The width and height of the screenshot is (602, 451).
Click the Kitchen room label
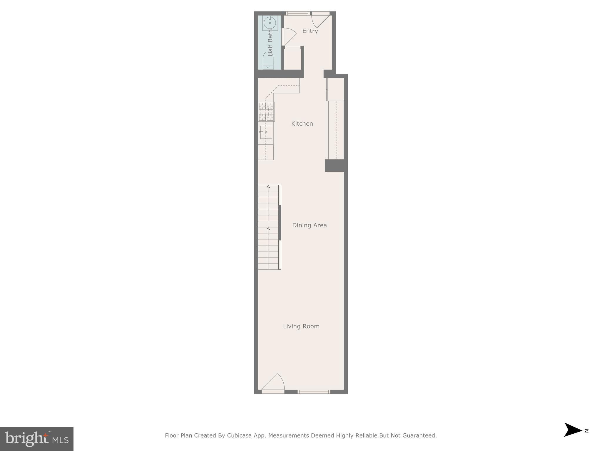point(302,124)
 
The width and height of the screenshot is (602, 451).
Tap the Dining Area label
point(309,225)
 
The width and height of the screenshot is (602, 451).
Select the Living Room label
point(301,326)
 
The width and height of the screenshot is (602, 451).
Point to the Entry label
point(310,31)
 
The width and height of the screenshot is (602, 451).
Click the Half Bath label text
point(270,43)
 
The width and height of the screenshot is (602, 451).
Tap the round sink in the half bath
point(270,23)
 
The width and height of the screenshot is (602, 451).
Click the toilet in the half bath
point(268,62)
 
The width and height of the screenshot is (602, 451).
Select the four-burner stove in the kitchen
point(266,112)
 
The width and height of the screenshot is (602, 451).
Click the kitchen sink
point(266,132)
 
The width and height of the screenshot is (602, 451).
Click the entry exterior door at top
point(320,19)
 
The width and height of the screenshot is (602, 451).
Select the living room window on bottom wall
point(314,391)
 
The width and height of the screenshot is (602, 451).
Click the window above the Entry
point(298,13)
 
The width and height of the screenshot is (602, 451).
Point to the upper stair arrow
point(268,187)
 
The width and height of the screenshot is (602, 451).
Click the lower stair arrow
point(268,229)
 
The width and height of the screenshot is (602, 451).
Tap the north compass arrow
point(573,430)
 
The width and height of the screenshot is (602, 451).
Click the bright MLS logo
point(37,439)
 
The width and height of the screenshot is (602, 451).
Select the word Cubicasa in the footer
point(239,435)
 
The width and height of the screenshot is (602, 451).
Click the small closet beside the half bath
point(292,59)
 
